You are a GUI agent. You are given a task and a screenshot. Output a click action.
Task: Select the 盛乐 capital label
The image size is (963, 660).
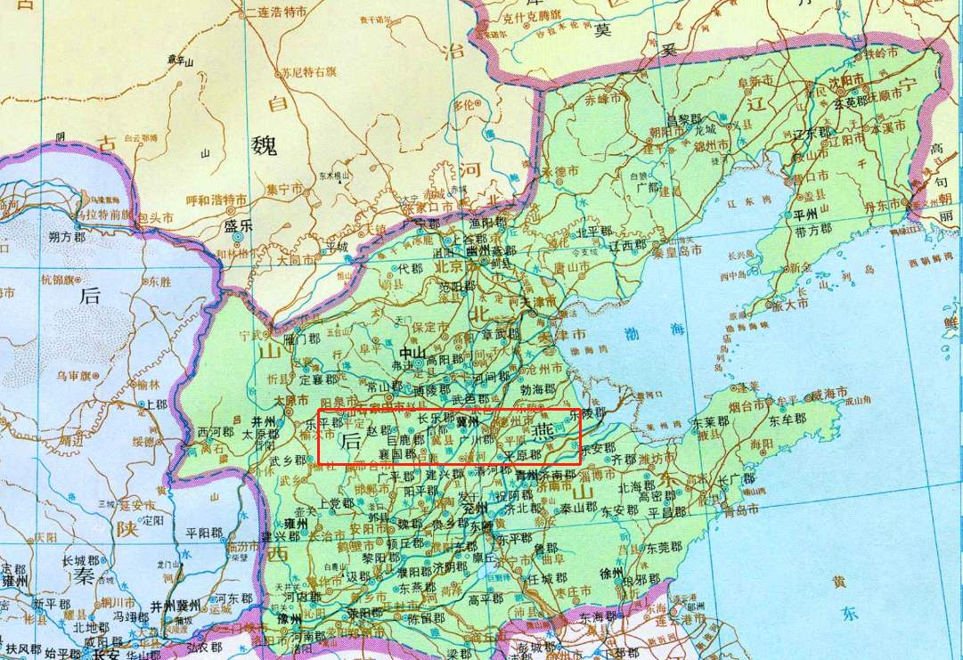(x=238, y=225)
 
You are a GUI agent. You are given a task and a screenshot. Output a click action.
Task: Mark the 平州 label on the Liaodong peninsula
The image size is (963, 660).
(x=805, y=214)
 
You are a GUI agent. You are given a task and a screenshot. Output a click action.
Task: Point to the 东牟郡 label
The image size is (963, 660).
(x=788, y=419)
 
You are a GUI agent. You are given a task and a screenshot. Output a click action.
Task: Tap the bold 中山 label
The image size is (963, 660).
(x=410, y=352)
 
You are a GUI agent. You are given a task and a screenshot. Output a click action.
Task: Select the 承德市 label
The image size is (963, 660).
(x=560, y=169)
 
